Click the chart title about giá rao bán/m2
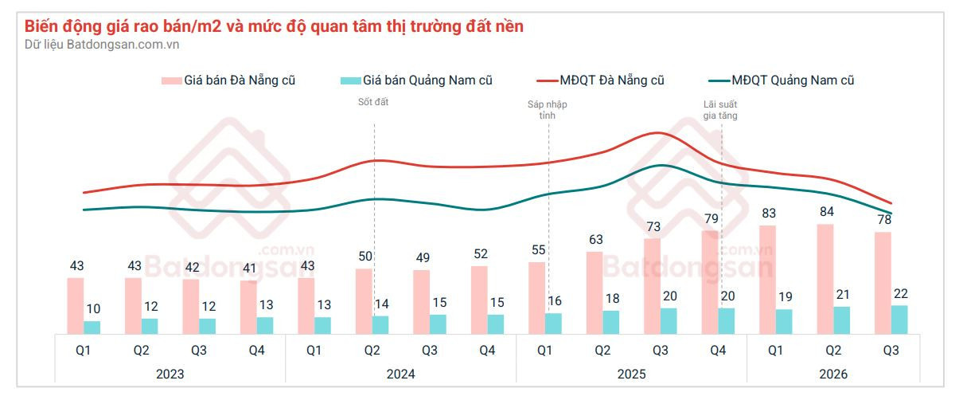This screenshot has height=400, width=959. [x=274, y=26]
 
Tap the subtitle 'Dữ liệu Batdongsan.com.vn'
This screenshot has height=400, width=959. [x=102, y=45]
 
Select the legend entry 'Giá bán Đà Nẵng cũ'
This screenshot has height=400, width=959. [x=228, y=80]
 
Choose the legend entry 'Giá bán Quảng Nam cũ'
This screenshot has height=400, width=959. [x=416, y=80]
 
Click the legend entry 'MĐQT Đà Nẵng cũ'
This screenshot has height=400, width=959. [x=600, y=80]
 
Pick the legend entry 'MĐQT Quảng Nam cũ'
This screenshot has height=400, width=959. [x=782, y=80]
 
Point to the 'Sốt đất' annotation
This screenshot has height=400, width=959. [x=373, y=102]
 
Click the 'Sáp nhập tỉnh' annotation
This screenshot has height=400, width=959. [x=547, y=110]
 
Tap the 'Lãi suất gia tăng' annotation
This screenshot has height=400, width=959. [x=720, y=110]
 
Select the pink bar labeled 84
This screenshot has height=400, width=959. [x=825, y=279]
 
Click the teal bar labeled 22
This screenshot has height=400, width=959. [x=899, y=320]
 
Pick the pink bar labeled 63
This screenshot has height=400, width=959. [x=595, y=292]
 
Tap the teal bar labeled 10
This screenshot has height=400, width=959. [x=92, y=327]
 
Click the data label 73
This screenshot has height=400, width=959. [x=653, y=227]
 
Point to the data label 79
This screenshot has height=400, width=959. [x=711, y=218]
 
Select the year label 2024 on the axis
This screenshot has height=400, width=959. [x=401, y=375]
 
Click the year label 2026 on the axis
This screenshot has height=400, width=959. [x=833, y=375]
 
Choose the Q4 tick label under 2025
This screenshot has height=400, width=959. [x=718, y=351]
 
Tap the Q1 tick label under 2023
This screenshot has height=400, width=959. [x=84, y=351]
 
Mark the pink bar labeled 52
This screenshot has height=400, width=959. [x=479, y=300]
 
